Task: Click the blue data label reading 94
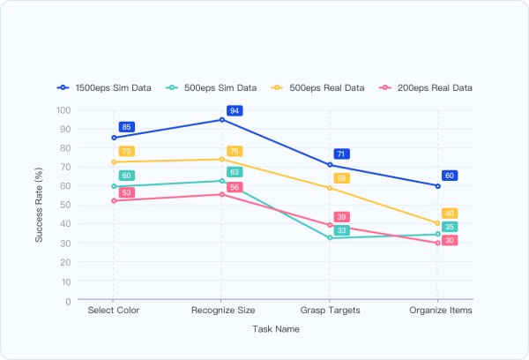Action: [x=235, y=111]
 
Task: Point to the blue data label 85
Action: [x=126, y=127]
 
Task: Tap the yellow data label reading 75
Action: [x=235, y=152]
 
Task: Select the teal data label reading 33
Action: [x=342, y=230]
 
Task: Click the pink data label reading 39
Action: [x=342, y=217]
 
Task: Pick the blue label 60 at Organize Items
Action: [x=450, y=176]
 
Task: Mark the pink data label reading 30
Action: [x=450, y=241]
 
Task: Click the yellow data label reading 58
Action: [x=342, y=178]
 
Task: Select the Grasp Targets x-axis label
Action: [x=330, y=311]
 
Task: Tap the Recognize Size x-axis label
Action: [x=221, y=311]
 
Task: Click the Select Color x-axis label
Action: [x=113, y=311]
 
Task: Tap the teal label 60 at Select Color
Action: [x=126, y=176]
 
